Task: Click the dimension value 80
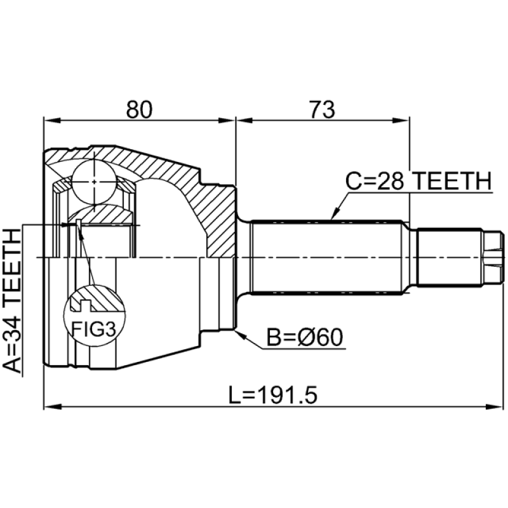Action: coord(139,109)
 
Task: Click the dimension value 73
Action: coord(322,109)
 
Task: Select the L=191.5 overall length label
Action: coord(273,394)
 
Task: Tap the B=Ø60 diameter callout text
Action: coord(305,337)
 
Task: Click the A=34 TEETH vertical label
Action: coord(12,300)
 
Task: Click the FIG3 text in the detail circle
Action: coord(93,329)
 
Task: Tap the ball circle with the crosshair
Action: coord(94,182)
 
